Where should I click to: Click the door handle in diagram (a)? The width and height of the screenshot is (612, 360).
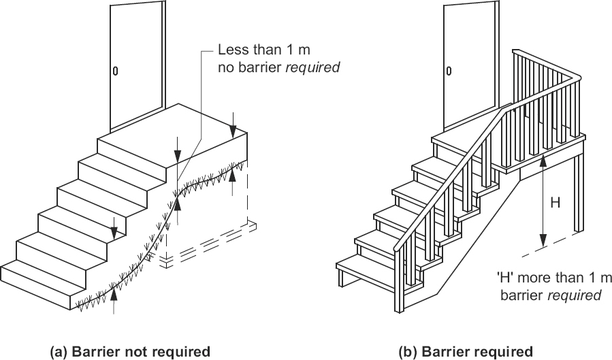point(115,70)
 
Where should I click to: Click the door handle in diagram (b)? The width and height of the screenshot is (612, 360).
point(449,70)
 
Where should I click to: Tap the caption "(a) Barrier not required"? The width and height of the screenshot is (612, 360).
point(130,351)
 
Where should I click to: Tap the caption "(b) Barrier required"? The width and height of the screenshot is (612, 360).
point(466,351)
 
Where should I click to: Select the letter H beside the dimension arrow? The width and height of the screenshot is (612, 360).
point(555,202)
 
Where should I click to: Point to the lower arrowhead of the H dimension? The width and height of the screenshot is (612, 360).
point(543,244)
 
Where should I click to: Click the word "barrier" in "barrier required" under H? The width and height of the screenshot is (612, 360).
point(520,296)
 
